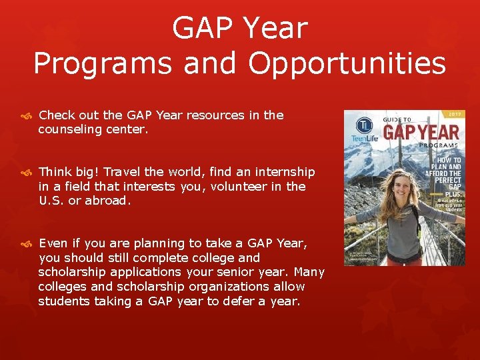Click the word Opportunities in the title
coord(347,64)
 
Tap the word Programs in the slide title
coord(98,64)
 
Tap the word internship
coord(280,172)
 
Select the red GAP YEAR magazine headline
coord(421,131)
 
